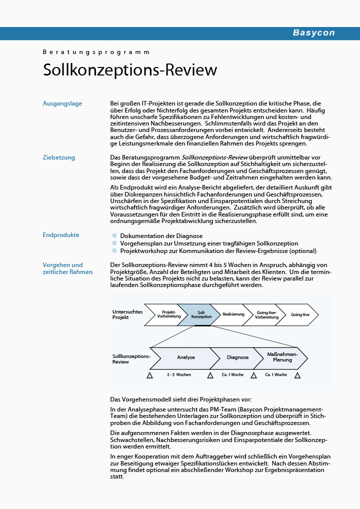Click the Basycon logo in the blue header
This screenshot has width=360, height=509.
[313, 33]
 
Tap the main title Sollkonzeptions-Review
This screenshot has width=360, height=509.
[130, 70]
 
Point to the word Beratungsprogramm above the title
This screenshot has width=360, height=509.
[96, 52]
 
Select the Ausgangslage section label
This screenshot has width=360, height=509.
[62, 103]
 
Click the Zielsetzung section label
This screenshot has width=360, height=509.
[59, 157]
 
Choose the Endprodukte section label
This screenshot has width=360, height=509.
[61, 235]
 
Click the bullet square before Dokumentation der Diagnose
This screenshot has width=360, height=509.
[114, 235]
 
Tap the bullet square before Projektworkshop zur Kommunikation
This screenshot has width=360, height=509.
[114, 251]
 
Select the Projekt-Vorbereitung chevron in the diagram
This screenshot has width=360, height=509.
[164, 314]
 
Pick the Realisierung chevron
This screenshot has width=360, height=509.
[233, 314]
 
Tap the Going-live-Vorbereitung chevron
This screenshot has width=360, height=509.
[266, 314]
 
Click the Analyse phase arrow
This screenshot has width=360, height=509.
[185, 357]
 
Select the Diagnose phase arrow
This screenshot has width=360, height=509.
[237, 357]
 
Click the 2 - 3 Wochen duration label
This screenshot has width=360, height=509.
[179, 374]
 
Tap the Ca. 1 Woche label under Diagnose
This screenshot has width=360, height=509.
[233, 374]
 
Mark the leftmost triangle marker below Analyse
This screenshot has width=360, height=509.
[149, 375]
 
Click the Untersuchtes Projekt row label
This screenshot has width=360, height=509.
[127, 314]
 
